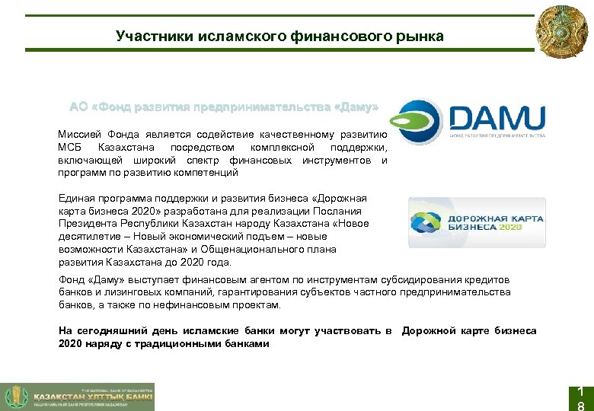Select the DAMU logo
(x=471, y=122)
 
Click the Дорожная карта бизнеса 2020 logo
(x=477, y=222)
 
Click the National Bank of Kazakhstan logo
(x=77, y=396)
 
